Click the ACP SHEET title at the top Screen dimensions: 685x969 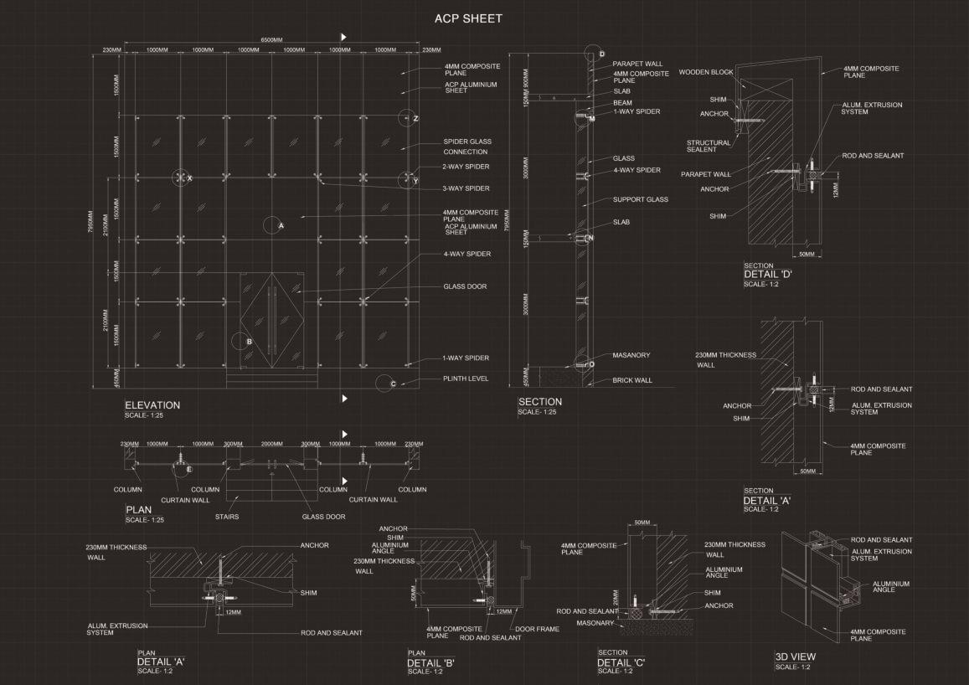tap(468, 18)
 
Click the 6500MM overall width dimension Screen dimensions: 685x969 tap(271, 39)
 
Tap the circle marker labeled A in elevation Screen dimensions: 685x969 tap(271, 225)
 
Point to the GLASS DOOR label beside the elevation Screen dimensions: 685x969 tap(465, 286)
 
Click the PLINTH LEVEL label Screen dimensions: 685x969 tap(466, 379)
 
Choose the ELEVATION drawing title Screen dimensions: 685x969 tap(152, 405)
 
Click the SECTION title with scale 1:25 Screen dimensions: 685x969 tap(539, 402)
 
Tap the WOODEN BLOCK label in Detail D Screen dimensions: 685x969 tap(706, 73)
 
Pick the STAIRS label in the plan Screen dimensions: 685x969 tap(226, 517)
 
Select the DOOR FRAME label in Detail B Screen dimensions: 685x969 tap(537, 629)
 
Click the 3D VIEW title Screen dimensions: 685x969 tap(795, 657)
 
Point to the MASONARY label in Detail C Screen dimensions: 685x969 tap(595, 622)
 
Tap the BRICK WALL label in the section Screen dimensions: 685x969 tap(632, 380)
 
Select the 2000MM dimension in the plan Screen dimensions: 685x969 tap(272, 445)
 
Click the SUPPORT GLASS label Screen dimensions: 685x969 tap(640, 200)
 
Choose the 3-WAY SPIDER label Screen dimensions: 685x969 tap(466, 188)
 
